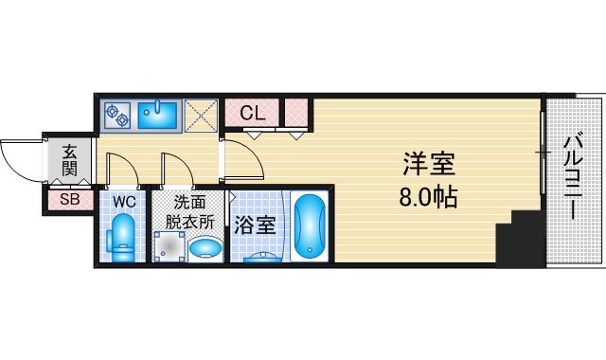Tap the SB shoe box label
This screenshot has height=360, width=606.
pos(69,199)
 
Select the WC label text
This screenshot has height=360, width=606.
pos(124,201)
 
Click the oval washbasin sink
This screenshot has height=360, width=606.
pos(205,248)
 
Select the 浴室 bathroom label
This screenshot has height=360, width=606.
pos(255,225)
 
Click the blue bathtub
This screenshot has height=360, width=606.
pos(309,225)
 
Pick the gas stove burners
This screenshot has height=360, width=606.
pos(119,115)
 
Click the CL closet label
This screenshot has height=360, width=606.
pos(252,113)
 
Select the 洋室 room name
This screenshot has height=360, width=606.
pos(429,166)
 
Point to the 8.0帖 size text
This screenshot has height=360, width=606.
pos(429,198)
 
